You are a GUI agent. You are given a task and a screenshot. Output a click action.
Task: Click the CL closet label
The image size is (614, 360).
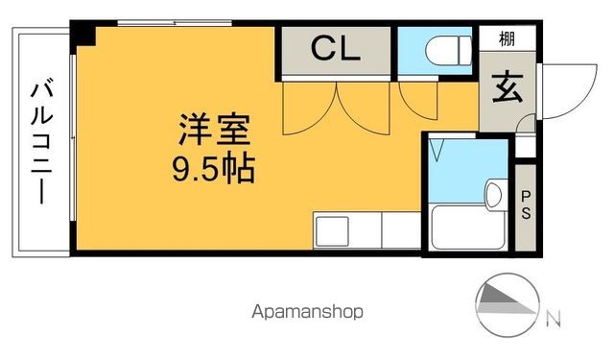coord(335,48)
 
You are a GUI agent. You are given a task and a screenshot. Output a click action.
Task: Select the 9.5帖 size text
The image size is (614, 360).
coord(212,170)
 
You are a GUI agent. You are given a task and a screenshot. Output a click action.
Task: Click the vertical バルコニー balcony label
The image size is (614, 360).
coord(41,142)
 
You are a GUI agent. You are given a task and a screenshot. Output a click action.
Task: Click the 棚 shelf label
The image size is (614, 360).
coord(505,40)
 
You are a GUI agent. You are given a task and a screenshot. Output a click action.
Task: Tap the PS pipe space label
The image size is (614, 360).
coord(526,204)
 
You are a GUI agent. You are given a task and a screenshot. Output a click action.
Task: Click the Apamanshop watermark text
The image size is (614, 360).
coord(308,312)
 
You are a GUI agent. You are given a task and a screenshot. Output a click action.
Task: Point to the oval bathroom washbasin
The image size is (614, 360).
coord(494,194)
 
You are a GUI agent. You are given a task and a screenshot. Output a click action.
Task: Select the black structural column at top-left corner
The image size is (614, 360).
coord(83,36)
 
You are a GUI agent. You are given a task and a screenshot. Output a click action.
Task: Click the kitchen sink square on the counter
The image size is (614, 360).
coord(333,232)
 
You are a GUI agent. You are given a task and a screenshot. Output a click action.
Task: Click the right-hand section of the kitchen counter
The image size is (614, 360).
coord(401,232)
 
